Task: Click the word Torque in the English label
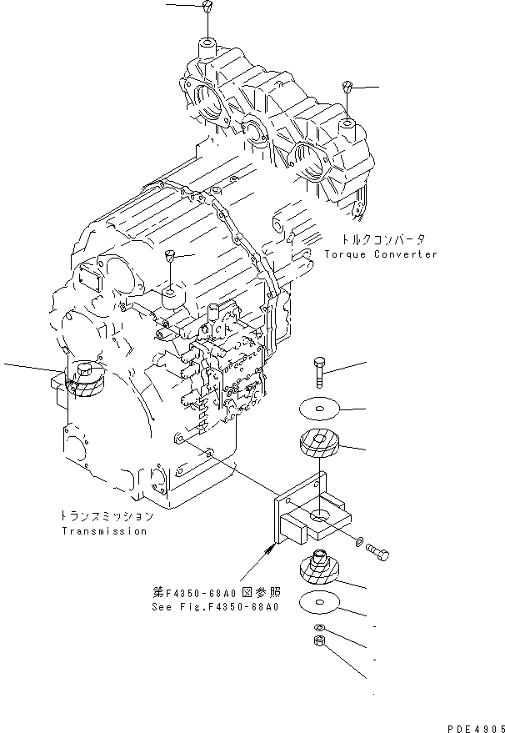click(344, 254)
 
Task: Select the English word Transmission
click(103, 530)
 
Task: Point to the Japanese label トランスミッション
click(107, 516)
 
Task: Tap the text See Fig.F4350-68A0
click(216, 606)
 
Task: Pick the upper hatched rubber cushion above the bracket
click(321, 443)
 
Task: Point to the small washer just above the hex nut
click(321, 627)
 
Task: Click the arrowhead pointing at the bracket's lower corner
click(271, 548)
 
